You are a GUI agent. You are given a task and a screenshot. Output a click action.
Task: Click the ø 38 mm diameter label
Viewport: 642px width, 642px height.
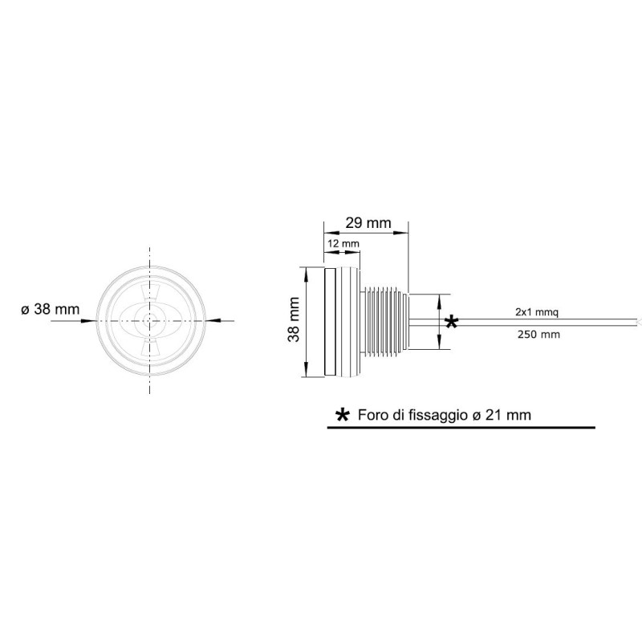click(x=50, y=309)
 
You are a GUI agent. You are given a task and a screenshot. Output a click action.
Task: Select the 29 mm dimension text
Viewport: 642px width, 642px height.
click(x=368, y=221)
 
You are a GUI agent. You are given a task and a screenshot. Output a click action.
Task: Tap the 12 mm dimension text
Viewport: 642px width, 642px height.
click(x=343, y=243)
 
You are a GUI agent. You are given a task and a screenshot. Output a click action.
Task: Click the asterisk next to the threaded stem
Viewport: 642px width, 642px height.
click(x=451, y=323)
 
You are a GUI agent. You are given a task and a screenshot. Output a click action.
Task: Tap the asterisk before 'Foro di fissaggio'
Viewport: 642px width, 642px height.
click(x=343, y=416)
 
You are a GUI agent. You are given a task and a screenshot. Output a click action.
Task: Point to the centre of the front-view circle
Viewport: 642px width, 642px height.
click(x=149, y=320)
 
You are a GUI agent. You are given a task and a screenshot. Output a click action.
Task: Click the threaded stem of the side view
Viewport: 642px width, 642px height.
click(x=386, y=321)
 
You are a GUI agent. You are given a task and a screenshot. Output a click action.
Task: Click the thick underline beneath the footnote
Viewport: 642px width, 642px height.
click(x=461, y=429)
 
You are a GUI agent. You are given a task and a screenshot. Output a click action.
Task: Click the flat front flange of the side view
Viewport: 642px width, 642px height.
click(x=329, y=321)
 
